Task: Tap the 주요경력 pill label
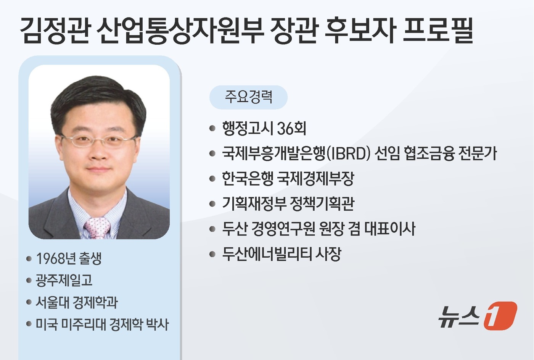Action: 248,97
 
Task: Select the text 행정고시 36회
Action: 264,129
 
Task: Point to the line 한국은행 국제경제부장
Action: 288,179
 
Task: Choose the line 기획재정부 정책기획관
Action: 288,204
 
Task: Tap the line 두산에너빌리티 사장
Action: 281,254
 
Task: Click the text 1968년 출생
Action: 69,258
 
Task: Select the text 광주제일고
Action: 64,281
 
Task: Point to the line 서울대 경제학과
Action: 77,303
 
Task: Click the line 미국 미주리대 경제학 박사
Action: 102,325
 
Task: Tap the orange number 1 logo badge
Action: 500,316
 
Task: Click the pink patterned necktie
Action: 98,228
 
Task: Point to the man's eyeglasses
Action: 98,140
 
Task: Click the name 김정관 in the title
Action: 55,30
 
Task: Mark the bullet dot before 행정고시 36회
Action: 212,129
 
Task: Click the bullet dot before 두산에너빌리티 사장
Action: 212,254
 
